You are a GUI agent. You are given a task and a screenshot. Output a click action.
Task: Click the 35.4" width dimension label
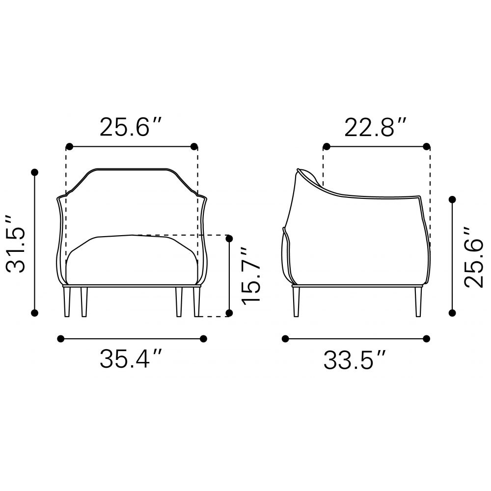(131, 360)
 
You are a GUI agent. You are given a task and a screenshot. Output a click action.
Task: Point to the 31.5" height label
(16, 243)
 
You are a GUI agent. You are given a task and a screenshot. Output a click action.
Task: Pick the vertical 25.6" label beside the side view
(474, 257)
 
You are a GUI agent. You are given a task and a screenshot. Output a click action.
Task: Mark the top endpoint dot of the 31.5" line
(34, 172)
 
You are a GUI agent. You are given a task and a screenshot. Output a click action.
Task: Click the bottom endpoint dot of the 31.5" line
(34, 313)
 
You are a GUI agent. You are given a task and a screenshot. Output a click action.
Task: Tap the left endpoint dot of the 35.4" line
(61, 338)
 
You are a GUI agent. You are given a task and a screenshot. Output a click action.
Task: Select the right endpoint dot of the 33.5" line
(426, 338)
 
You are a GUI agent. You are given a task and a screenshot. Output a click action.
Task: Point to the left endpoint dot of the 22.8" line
(326, 146)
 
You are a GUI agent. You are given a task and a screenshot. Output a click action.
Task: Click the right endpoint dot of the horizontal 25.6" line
(194, 146)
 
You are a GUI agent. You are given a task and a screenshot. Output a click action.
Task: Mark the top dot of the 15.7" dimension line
(229, 239)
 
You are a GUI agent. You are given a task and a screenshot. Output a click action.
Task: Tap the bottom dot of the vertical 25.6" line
(452, 312)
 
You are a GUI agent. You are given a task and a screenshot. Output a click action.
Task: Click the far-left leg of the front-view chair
(67, 301)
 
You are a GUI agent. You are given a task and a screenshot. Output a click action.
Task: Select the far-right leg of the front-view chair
(197, 301)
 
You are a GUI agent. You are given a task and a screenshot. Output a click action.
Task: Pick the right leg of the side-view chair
(418, 301)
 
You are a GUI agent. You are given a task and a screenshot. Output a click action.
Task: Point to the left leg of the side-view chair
(296, 301)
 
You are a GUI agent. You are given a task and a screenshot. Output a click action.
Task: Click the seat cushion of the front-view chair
(132, 260)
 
